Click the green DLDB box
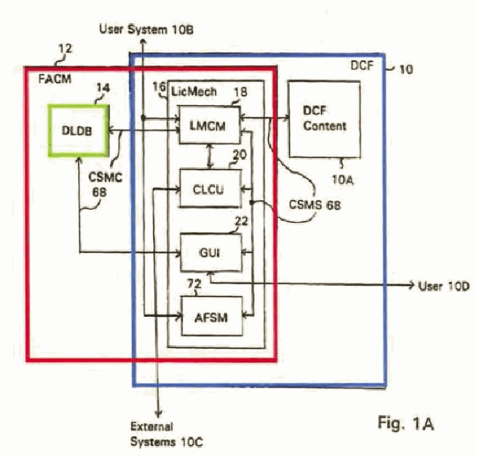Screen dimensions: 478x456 (x=79, y=130)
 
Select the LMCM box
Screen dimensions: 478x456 (x=209, y=125)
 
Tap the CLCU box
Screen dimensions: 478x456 (x=211, y=189)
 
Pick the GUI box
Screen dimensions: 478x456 (x=211, y=252)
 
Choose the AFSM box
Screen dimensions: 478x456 (x=212, y=316)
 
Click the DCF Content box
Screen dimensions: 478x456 (x=324, y=119)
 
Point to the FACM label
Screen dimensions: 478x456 (x=55, y=79)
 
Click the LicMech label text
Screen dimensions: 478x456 (x=194, y=91)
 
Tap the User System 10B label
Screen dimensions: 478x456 (x=146, y=30)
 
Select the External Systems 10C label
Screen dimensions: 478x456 (x=167, y=434)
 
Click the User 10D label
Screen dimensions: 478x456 (x=444, y=287)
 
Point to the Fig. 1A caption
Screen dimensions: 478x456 (x=406, y=423)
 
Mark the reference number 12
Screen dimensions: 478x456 (x=65, y=48)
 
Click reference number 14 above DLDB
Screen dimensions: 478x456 (x=103, y=88)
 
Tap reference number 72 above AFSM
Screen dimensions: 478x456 (x=194, y=284)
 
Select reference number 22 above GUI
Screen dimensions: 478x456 (x=241, y=221)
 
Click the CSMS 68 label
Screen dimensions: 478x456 (x=315, y=205)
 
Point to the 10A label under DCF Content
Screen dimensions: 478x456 (x=343, y=180)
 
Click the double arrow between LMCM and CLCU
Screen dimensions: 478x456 (x=210, y=157)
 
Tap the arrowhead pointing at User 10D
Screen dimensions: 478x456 (x=411, y=285)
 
